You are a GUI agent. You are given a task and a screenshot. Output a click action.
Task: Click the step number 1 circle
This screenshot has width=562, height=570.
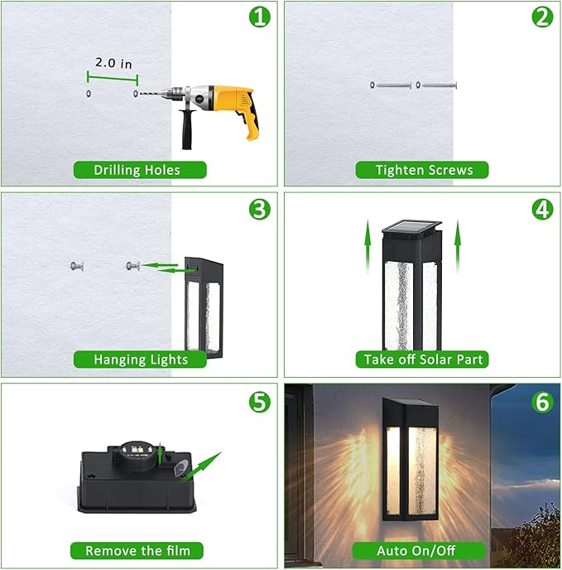pyautogui.click(x=260, y=17)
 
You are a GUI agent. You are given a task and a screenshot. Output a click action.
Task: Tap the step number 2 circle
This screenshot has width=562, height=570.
pyautogui.click(x=542, y=17)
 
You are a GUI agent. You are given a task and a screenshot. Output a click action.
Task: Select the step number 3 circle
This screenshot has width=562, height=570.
pyautogui.click(x=260, y=210)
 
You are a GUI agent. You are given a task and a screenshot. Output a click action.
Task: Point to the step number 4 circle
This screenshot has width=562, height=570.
pyautogui.click(x=542, y=210)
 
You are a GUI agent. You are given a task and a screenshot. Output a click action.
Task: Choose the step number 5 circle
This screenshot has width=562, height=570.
pyautogui.click(x=260, y=402)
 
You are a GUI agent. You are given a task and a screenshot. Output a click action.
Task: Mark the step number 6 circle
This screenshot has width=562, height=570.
pyautogui.click(x=542, y=402)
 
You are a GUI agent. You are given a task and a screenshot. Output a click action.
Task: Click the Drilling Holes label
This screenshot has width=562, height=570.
pyautogui.click(x=138, y=170)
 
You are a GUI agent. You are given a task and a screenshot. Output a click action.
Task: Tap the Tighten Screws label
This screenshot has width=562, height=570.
pyautogui.click(x=422, y=170)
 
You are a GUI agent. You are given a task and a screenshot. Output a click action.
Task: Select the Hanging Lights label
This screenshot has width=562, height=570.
pyautogui.click(x=140, y=360)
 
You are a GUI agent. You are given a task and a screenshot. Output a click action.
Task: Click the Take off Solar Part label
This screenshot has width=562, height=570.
pyautogui.click(x=422, y=360)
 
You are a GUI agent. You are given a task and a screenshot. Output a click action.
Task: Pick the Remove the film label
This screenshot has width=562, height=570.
pyautogui.click(x=137, y=550)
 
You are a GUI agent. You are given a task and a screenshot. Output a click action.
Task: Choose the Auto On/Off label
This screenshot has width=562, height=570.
pyautogui.click(x=422, y=550)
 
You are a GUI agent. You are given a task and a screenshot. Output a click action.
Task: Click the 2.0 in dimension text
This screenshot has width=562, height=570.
pyautogui.click(x=113, y=62)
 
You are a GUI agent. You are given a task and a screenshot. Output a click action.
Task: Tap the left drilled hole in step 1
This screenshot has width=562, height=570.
pyautogui.click(x=89, y=94)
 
